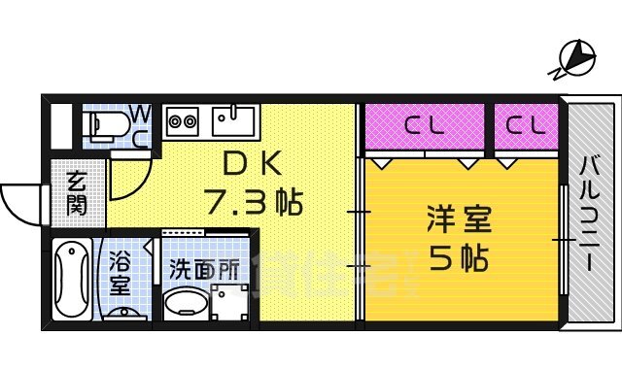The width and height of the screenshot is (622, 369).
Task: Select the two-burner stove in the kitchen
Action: (183, 121)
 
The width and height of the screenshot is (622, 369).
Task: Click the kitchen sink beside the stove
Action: (232, 120)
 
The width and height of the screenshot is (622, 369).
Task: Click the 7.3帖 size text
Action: (253, 202)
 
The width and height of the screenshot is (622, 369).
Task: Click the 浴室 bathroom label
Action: (120, 273)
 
